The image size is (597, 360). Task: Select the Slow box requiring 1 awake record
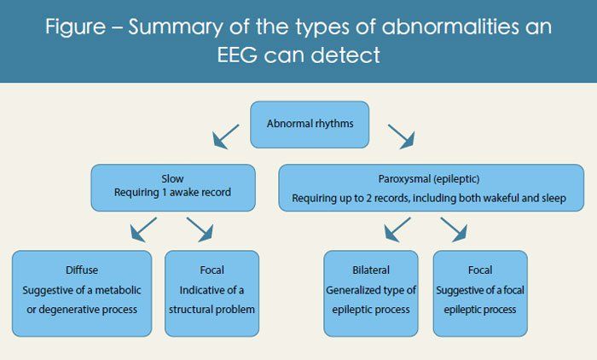coord(172,187)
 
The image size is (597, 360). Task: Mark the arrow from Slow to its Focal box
coord(199,229)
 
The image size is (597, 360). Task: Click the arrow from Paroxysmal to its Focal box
coord(452,229)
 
